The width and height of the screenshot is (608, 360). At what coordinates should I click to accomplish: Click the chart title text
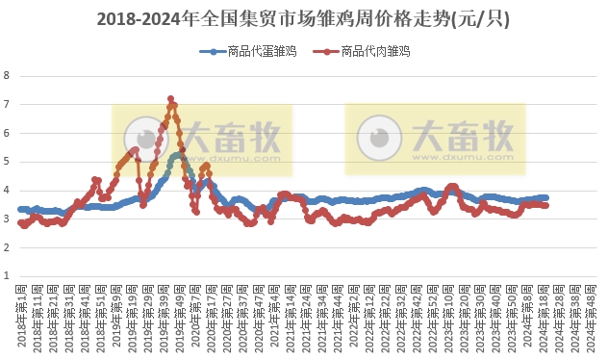point(304,19)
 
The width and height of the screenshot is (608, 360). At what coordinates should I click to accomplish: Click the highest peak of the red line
point(170,98)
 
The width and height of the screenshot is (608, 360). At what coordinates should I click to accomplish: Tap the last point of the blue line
point(546,197)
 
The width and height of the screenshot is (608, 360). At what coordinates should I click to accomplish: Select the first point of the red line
point(20,223)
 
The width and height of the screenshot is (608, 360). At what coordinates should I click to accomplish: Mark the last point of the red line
point(546,205)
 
